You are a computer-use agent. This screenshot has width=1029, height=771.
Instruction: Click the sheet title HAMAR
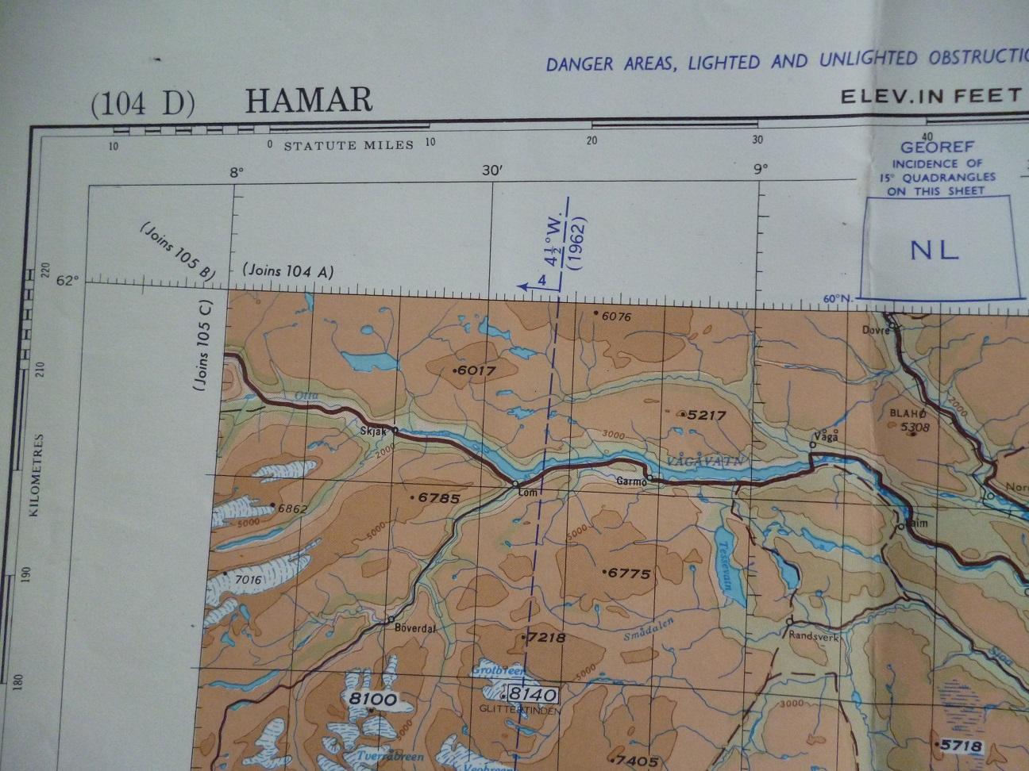(309, 101)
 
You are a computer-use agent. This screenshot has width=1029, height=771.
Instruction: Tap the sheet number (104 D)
(143, 104)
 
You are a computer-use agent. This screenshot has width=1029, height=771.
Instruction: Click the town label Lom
(527, 492)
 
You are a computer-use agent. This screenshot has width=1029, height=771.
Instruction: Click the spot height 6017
(476, 370)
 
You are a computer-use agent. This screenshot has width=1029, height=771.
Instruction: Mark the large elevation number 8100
(372, 699)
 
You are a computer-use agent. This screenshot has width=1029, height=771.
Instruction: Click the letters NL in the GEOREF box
(935, 250)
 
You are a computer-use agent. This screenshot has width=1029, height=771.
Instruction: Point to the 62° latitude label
(68, 280)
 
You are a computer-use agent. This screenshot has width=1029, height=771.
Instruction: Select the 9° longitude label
(760, 168)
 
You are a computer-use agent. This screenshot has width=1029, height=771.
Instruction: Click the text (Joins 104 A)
(289, 271)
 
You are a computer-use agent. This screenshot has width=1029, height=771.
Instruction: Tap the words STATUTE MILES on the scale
(349, 144)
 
